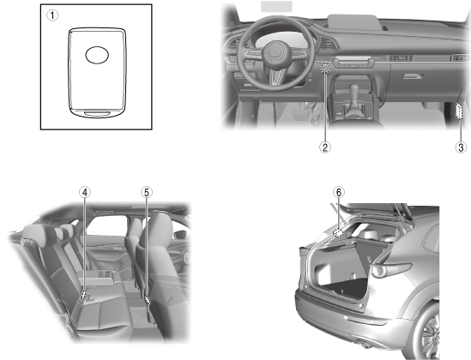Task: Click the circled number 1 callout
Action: click(52, 15)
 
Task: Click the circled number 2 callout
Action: click(325, 147)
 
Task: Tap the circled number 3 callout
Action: click(461, 147)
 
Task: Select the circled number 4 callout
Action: click(85, 192)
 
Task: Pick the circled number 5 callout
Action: click(147, 192)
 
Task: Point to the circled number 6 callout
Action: click(339, 192)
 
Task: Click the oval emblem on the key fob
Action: click(97, 55)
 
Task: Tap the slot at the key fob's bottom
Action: click(97, 113)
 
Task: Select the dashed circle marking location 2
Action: click(325, 68)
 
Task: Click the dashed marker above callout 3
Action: click(459, 111)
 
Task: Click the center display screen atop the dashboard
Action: click(353, 23)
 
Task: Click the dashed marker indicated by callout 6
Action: click(339, 232)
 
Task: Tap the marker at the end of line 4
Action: click(85, 295)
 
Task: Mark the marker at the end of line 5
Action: click(148, 300)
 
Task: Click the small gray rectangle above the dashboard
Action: click(276, 6)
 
